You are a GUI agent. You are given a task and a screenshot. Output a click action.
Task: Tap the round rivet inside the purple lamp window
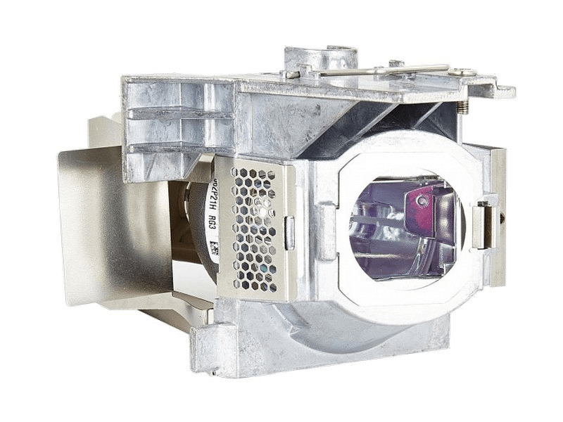[422, 201]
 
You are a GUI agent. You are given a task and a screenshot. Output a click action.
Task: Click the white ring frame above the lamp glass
[401, 151]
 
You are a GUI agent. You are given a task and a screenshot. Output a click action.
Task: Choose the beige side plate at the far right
[498, 211]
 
